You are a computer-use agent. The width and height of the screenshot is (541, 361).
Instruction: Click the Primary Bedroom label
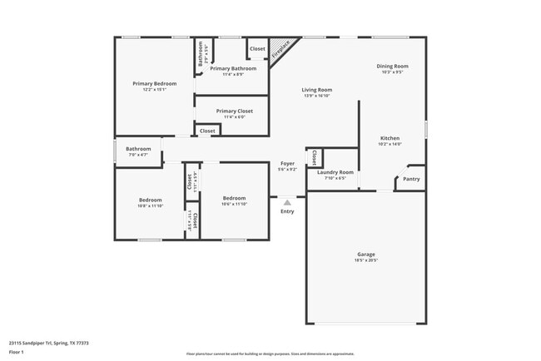coord(154,84)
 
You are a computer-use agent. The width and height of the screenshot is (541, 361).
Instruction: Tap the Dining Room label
coord(392,66)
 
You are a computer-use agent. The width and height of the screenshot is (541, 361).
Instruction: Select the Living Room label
coord(316,90)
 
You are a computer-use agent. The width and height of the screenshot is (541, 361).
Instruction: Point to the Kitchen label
coord(390,138)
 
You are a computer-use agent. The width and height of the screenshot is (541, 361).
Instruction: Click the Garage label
coord(366,255)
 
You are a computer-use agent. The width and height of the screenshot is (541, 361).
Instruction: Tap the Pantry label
coord(411,179)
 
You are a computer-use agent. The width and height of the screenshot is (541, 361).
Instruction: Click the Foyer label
coord(286,164)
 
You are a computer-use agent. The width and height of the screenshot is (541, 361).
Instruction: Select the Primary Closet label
coord(234,111)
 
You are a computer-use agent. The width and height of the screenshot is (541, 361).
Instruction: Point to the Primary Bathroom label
coord(232,68)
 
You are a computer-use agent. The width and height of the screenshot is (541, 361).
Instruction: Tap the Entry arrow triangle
coord(287,201)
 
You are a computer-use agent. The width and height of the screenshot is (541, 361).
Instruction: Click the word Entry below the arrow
coord(287,211)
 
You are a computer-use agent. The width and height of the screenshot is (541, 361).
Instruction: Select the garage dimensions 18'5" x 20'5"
coord(366,260)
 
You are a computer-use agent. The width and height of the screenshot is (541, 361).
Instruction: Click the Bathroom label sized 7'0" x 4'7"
coord(138,149)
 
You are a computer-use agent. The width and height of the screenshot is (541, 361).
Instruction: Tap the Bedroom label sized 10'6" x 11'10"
coord(234,198)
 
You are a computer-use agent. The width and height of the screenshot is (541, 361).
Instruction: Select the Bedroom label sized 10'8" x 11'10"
coord(150,200)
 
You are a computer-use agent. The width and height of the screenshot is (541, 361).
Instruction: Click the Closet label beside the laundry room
coord(314,156)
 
